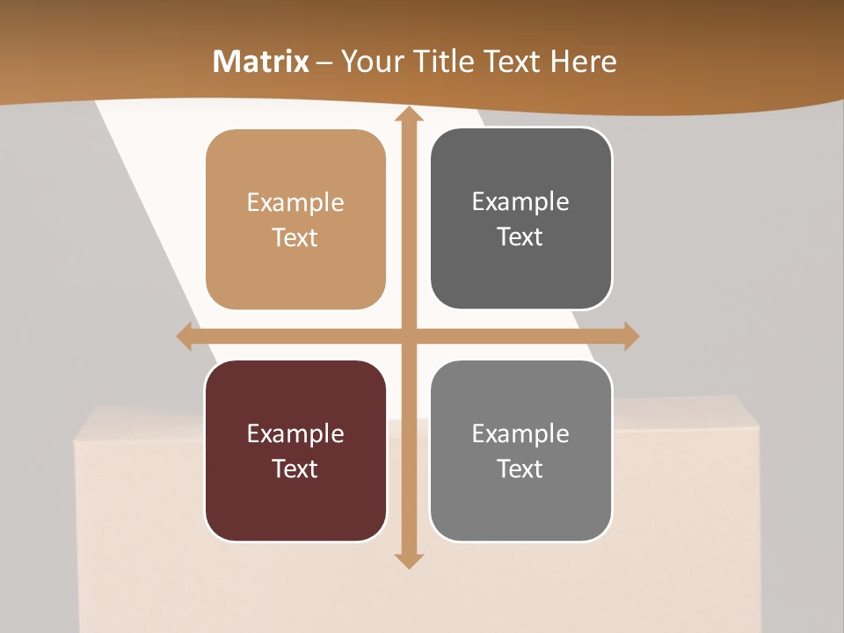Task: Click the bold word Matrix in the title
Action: click(261, 62)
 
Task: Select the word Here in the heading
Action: click(583, 62)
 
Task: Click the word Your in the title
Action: click(369, 62)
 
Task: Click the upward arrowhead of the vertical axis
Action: click(409, 115)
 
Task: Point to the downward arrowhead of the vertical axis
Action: click(409, 560)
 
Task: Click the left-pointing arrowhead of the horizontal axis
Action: click(185, 336)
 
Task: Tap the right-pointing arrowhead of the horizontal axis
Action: click(630, 336)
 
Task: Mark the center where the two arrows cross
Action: click(409, 336)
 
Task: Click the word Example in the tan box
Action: click(295, 203)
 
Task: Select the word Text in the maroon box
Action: click(295, 469)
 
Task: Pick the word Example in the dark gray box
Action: click(520, 202)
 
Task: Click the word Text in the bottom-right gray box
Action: click(520, 469)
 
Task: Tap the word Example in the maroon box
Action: click(295, 434)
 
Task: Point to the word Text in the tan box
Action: click(295, 237)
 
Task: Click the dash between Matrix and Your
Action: click(325, 62)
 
